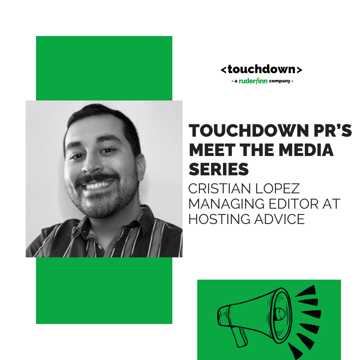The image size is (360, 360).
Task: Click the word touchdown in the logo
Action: click(x=261, y=70)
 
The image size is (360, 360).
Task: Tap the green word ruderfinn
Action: click(x=254, y=81)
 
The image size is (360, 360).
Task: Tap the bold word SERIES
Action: click(x=219, y=169)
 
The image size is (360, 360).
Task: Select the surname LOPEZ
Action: click(x=283, y=189)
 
